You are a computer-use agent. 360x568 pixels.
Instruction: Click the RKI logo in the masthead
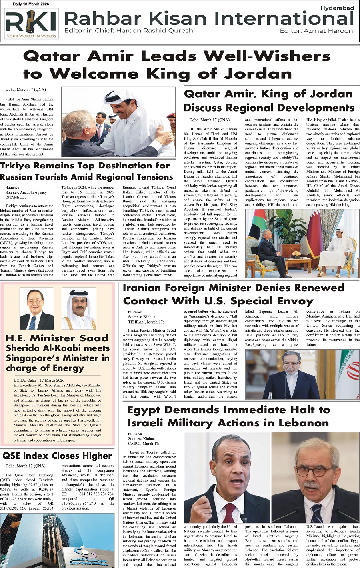[31, 24]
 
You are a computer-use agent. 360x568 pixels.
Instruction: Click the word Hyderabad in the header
[337, 8]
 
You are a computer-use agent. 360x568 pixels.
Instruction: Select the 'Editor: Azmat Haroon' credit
[316, 30]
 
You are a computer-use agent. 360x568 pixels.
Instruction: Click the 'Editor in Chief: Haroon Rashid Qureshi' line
[130, 30]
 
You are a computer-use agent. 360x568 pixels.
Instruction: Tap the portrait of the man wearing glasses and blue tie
[36, 309]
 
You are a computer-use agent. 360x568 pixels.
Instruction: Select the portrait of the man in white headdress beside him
[79, 309]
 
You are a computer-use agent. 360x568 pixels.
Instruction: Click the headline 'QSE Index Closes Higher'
[57, 456]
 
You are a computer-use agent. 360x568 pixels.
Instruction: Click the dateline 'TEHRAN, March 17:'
[146, 322]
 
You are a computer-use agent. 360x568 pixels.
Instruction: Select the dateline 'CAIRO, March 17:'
[144, 443]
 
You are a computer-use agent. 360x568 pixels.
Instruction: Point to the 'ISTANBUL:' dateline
[15, 197]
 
